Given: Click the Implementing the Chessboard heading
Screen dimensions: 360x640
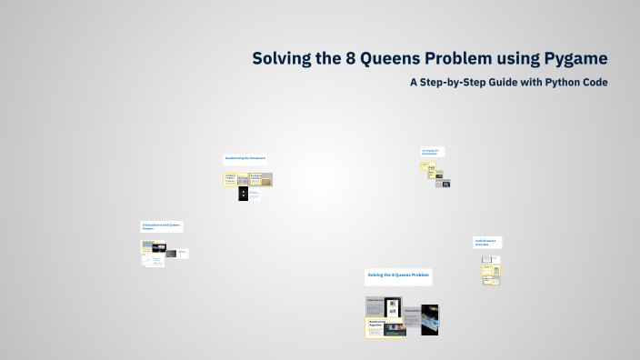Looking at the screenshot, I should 245,158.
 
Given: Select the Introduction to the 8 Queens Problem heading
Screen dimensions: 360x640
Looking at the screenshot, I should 161,225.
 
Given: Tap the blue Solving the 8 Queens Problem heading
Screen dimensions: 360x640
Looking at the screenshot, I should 398,275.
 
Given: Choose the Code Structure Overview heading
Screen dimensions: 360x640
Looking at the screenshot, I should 487,243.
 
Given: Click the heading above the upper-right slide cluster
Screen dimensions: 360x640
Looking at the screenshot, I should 432,151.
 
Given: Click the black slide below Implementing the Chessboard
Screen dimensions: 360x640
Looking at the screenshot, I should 244,194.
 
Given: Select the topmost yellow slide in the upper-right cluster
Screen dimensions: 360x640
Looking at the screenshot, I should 424,165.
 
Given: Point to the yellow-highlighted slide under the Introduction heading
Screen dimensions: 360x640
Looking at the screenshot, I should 147,245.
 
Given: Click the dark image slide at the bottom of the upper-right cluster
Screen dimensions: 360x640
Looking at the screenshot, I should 443,183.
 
